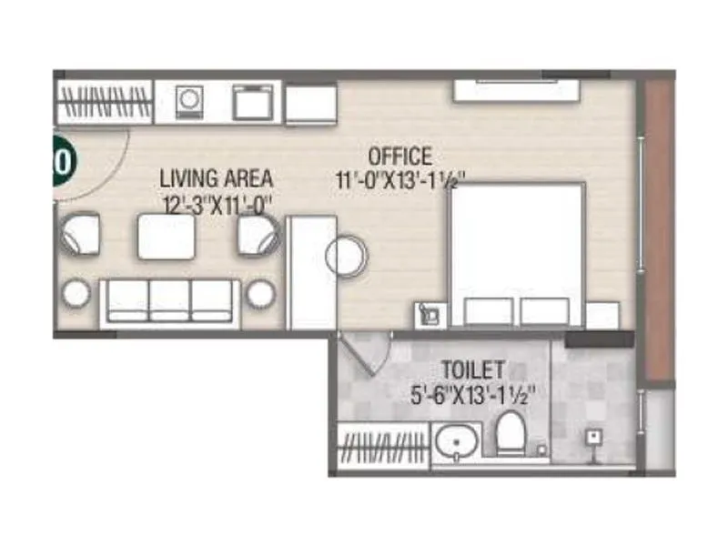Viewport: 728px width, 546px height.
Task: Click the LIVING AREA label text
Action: click(x=216, y=177)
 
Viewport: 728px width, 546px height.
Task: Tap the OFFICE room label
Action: click(x=399, y=157)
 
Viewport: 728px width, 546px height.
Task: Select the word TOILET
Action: click(x=473, y=370)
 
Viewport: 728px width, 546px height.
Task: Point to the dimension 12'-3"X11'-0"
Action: click(x=217, y=205)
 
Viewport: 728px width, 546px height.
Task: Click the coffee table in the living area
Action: click(x=166, y=237)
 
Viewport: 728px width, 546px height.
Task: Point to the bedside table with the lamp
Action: click(x=430, y=315)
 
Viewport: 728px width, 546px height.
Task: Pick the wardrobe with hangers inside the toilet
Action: click(x=382, y=446)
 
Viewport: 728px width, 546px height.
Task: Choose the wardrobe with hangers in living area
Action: click(x=104, y=101)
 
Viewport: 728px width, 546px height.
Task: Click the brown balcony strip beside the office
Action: click(x=658, y=227)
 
